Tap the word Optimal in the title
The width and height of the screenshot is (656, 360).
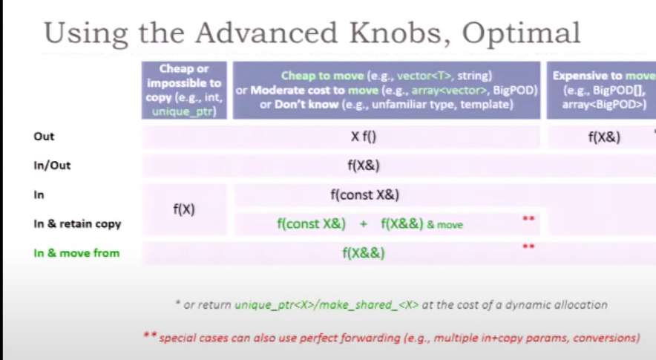coord(521,33)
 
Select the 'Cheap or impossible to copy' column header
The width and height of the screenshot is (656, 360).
coord(184,90)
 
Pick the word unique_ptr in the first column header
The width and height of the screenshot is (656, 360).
coord(184,112)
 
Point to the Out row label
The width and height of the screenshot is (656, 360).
coord(44,137)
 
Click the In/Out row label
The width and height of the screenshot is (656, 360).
coord(52,166)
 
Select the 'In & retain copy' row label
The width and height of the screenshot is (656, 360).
coord(77,224)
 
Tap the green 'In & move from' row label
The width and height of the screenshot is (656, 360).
coord(76,253)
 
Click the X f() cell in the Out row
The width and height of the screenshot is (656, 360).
coord(364,137)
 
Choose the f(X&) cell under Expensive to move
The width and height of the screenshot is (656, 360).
coord(604,137)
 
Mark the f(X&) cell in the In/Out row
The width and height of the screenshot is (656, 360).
coord(364,166)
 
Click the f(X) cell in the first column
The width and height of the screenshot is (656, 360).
coord(184,209)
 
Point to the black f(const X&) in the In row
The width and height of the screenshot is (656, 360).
coord(365,194)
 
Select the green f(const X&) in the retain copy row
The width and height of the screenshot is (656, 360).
coord(311,224)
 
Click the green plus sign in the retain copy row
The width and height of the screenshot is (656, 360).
coord(363,224)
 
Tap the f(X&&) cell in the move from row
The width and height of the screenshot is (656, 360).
coord(364,253)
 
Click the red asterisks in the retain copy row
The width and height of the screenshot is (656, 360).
coord(529,218)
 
